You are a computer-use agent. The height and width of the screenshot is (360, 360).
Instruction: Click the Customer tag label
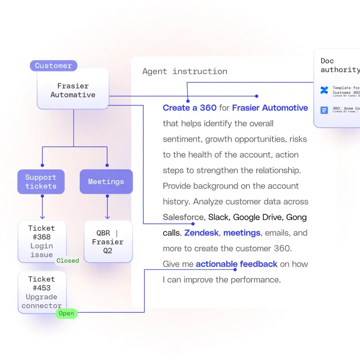[53, 66]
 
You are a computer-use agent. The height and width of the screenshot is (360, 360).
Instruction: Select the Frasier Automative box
[73, 90]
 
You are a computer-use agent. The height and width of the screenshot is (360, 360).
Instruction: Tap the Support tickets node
[41, 182]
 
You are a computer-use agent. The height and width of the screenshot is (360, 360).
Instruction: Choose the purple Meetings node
[106, 182]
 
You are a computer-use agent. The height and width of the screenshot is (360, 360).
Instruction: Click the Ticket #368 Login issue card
[42, 241]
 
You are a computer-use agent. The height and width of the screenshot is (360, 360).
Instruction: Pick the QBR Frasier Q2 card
[108, 241]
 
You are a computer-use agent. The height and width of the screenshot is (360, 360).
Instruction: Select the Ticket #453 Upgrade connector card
[42, 292]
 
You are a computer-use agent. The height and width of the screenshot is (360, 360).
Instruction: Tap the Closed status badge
[67, 261]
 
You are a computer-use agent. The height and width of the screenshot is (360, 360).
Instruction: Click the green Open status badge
[67, 313]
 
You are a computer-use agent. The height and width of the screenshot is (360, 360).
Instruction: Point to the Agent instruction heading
[185, 71]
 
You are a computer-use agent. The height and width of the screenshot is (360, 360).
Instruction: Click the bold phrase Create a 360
[190, 108]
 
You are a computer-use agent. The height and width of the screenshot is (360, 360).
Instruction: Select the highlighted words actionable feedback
[236, 264]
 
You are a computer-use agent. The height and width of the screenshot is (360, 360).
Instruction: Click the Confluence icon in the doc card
[324, 90]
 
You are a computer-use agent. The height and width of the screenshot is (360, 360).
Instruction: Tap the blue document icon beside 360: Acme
[324, 110]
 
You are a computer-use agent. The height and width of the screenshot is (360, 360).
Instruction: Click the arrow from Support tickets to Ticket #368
[42, 207]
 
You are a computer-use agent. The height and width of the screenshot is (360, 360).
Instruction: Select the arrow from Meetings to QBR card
[107, 207]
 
